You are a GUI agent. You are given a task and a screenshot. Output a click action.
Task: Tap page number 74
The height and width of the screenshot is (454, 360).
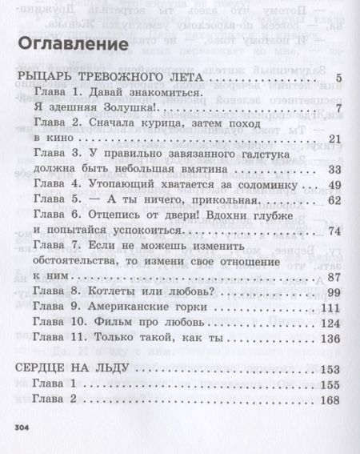click(x=335, y=231)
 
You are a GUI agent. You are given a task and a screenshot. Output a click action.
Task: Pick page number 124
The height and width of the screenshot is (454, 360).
click(x=331, y=323)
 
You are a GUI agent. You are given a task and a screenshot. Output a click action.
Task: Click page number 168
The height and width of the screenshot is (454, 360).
click(x=331, y=400)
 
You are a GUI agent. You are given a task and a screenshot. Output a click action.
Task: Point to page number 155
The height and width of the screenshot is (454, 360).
click(x=331, y=385)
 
